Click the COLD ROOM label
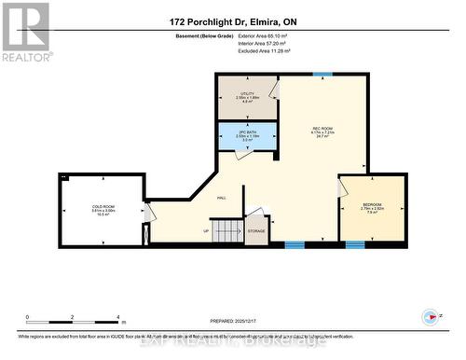pyautogui.click(x=103, y=207)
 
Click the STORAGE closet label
pyautogui.click(x=255, y=231)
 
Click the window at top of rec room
pyautogui.click(x=322, y=73)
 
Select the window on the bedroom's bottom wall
pyautogui.click(x=354, y=245)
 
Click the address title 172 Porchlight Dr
pyautogui.click(x=232, y=21)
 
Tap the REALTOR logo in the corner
pyautogui.click(x=25, y=31)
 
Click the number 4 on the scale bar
pyautogui.click(x=117, y=318)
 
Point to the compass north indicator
pyautogui.click(x=431, y=317)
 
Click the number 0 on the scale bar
pyautogui.click(x=28, y=318)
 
